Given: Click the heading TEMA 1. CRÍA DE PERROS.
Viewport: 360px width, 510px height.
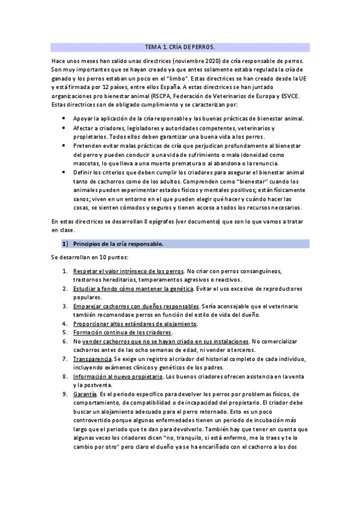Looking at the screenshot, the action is click(x=180, y=46).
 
